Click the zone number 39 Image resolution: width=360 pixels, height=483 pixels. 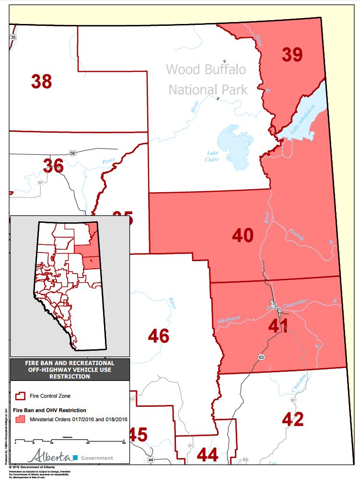(x=292, y=55)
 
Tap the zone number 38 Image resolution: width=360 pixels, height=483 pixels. (x=42, y=81)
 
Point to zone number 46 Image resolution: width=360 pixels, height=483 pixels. (x=159, y=336)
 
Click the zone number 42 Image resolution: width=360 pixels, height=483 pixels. (x=292, y=419)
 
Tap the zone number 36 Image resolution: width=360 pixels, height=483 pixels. (x=53, y=166)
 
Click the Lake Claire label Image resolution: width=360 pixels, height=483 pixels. (x=212, y=156)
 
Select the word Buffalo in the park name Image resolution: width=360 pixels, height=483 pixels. (x=219, y=69)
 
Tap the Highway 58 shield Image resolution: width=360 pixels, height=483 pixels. (x=72, y=153)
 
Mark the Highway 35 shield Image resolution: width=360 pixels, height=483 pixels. (x=13, y=37)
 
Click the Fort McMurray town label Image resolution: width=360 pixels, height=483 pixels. (x=274, y=306)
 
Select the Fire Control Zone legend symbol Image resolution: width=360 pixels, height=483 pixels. (x=21, y=396)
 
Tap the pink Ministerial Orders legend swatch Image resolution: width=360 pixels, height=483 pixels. (x=21, y=419)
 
